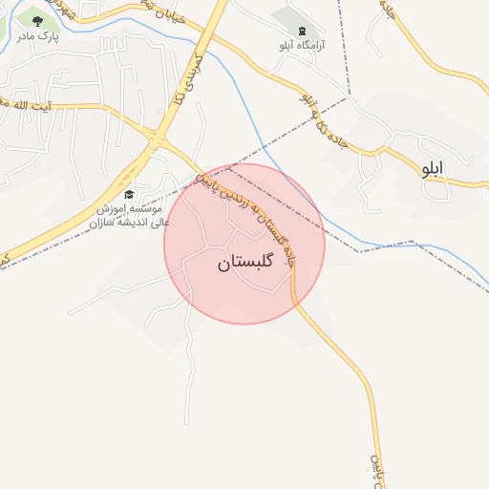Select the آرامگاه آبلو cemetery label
302,45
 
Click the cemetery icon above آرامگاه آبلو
303,31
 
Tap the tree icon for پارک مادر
37,20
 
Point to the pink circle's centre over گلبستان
244,244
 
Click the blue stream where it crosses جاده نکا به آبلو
221,54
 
